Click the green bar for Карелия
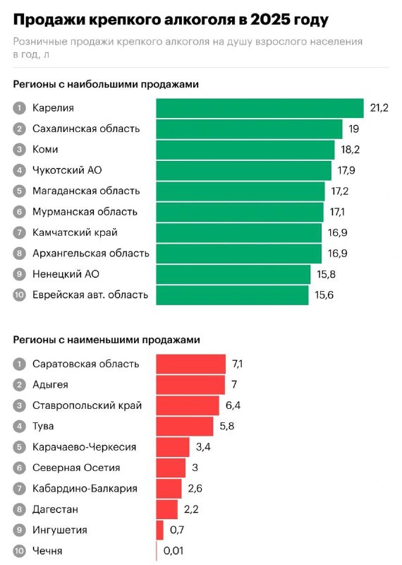260,108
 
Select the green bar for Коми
245,150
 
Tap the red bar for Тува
185,427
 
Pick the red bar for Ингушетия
160,530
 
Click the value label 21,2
379,108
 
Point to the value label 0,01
173,551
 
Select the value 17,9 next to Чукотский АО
346,170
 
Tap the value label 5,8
226,426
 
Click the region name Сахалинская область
86,129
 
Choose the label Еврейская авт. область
90,295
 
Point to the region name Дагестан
55,509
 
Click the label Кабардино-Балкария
85,488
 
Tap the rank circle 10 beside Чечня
19,551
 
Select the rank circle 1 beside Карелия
19,108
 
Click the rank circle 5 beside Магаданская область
19,191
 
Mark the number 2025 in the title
269,20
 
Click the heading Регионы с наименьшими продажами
106,340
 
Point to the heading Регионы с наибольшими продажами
106,84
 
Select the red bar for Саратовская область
190,364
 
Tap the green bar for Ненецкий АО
233,274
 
